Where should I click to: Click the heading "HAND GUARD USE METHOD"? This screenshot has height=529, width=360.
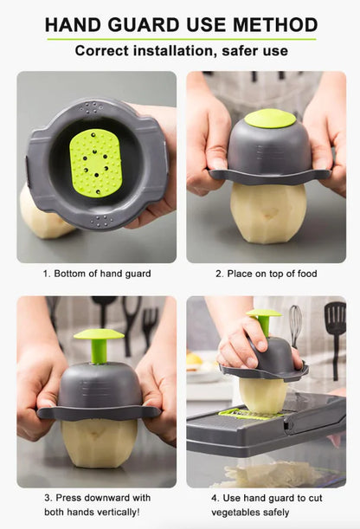coord(180,24)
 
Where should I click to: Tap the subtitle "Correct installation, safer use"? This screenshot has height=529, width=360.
coord(180,51)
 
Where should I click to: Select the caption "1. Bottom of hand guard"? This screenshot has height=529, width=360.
coord(96,274)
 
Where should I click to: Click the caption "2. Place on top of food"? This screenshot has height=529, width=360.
coord(266,274)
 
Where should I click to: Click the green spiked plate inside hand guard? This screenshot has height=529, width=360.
coord(95,162)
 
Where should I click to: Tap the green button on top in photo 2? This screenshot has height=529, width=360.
coord(269,119)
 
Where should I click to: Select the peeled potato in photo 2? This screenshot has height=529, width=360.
coord(267,212)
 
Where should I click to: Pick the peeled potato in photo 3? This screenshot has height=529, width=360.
coord(99,442)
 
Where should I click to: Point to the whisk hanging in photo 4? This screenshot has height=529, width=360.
coord(296,324)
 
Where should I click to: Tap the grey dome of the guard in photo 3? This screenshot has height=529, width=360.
coord(99,384)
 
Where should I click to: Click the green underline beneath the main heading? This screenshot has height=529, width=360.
coord(180,39)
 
